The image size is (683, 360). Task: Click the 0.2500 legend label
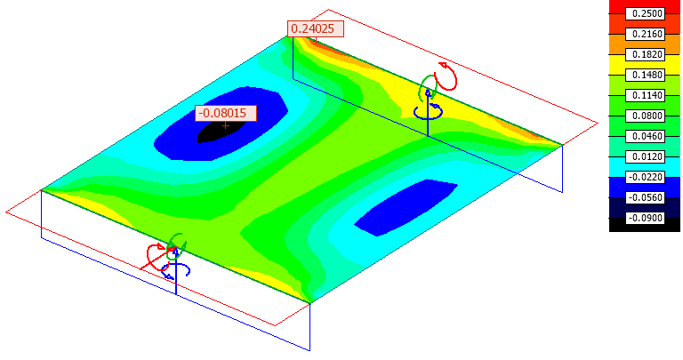tap(645, 13)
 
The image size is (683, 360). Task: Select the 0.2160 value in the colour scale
tap(645, 34)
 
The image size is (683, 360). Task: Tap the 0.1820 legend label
tap(645, 54)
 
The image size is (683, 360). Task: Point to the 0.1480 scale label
tap(645, 75)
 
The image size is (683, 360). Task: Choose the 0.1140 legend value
tap(645, 95)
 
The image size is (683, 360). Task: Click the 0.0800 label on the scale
tap(645, 116)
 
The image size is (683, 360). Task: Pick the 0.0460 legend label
tap(645, 136)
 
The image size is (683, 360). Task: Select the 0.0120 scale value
tap(645, 156)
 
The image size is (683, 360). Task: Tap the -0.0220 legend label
tap(645, 177)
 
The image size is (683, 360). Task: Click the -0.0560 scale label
tap(645, 197)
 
